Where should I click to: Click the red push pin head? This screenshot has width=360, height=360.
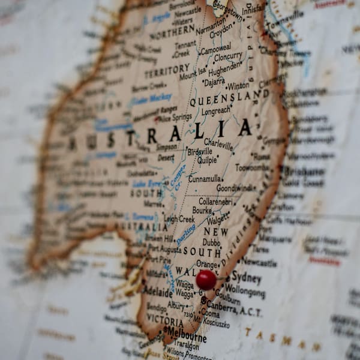tap(206, 280)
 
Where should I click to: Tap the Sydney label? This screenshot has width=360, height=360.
tap(246, 278)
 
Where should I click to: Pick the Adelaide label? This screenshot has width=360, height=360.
tap(158, 291)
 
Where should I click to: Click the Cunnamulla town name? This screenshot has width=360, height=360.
tap(205, 179)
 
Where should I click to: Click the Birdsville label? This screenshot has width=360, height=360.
tap(200, 152)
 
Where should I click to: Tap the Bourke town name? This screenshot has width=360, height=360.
tap(202, 211)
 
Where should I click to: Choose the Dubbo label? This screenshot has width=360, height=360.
tap(211, 242)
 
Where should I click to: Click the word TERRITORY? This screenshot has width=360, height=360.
tap(167, 72)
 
